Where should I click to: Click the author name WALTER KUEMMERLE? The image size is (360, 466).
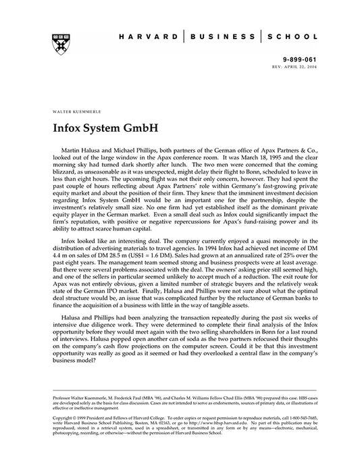(x=72, y=107)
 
